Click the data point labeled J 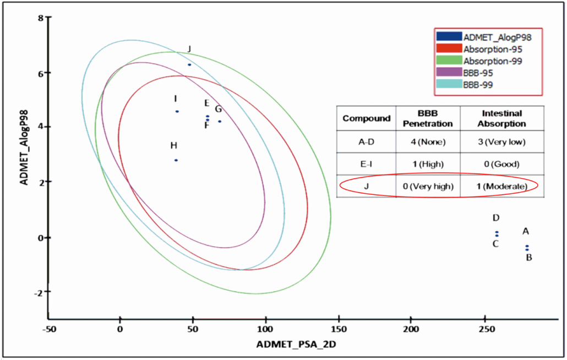(x=189, y=64)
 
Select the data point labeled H (x=176, y=160)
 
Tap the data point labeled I (x=177, y=111)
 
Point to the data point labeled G (x=220, y=121)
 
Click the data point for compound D (x=497, y=232)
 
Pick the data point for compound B (x=527, y=250)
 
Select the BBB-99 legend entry (x=478, y=84)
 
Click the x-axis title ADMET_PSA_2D (x=296, y=345)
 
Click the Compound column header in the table (x=366, y=118)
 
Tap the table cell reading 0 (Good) (x=501, y=164)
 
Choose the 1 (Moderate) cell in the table (x=501, y=187)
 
